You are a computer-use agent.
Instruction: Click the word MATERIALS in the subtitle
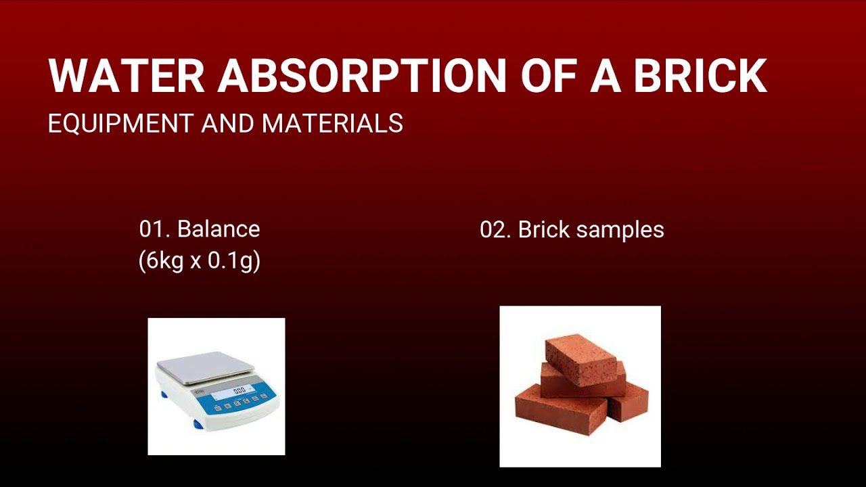(332, 124)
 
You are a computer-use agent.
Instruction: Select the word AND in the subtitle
(227, 124)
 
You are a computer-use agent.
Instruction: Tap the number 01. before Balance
(154, 229)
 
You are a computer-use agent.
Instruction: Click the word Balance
(219, 229)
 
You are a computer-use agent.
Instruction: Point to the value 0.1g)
(234, 261)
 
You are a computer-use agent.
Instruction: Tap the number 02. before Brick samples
(495, 230)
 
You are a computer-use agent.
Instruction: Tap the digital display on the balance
(237, 392)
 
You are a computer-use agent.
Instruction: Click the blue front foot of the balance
(198, 424)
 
